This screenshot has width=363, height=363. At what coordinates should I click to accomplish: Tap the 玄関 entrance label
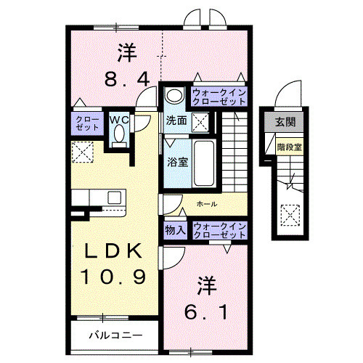[285, 122]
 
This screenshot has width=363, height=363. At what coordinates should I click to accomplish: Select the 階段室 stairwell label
[289, 147]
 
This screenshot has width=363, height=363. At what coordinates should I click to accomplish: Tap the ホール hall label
[207, 205]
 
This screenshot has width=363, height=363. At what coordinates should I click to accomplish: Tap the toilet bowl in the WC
[119, 136]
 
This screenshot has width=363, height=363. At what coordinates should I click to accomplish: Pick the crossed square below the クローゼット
[81, 152]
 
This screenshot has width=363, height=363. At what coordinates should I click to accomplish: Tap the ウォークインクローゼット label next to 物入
[219, 231]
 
